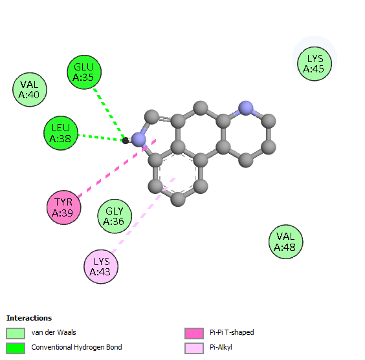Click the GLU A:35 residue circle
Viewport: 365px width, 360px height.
84,72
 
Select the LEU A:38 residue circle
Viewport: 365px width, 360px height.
61,133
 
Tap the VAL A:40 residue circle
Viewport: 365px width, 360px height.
30,89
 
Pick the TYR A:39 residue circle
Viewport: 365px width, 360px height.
64,207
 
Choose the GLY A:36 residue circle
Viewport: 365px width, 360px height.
115,216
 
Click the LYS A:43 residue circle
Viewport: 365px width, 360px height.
101,266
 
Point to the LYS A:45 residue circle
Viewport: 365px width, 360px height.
315,64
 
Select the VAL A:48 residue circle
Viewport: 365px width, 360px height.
285,242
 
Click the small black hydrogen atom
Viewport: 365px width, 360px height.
126,141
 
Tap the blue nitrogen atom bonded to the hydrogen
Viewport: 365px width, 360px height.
138,140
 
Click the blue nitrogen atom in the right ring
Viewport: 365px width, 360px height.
246,108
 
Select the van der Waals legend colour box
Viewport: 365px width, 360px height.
16,334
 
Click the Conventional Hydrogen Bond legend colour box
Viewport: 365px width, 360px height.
16,348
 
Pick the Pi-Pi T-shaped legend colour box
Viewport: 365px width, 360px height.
194,334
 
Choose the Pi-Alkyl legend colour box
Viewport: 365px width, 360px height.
194,348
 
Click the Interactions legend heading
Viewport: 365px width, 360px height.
29,318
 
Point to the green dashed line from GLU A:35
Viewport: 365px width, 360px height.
109,113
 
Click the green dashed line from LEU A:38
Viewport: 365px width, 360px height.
100,138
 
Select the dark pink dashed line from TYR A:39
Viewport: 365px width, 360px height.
117,168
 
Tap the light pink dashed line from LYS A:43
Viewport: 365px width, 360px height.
144,215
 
